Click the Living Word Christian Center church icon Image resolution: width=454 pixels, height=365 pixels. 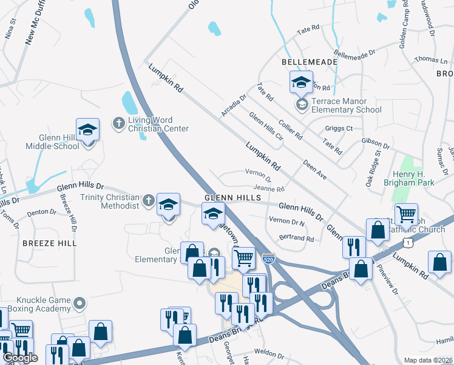119,123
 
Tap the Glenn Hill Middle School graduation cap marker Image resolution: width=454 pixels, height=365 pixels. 88,130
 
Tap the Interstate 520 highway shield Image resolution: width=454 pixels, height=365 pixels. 268,259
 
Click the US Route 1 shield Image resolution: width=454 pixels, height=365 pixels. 411,242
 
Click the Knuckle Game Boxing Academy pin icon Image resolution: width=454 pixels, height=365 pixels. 79,302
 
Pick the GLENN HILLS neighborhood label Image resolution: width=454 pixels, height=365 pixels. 232,198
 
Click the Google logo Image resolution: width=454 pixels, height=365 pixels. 19,358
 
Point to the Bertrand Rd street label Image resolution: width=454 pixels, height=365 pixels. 296,238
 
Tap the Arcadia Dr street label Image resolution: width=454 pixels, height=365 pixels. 234,105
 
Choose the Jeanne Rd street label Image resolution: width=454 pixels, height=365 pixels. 269,189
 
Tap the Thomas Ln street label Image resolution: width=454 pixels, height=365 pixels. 430,60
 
